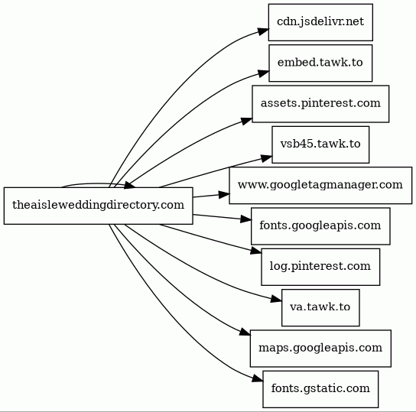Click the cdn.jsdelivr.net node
[x=320, y=22]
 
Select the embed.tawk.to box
[x=320, y=63]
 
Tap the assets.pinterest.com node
[x=320, y=104]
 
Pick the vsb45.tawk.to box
[x=320, y=144]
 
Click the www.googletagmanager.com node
[x=320, y=186]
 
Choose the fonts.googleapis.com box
[x=320, y=226]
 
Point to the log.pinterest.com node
[x=320, y=267]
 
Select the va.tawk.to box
[x=320, y=308]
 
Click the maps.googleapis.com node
[x=320, y=349]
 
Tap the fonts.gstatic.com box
[x=320, y=389]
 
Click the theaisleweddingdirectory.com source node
[x=98, y=206]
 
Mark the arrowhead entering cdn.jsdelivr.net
[x=263, y=31]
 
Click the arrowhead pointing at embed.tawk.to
[x=264, y=73]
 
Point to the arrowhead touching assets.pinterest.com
[x=247, y=121]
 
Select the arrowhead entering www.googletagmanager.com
[x=224, y=195]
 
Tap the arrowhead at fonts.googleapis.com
[x=245, y=219]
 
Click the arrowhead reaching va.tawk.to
[x=276, y=300]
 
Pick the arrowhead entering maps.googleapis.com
[x=245, y=333]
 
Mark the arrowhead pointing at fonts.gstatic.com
[x=258, y=379]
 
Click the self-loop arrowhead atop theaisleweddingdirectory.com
[x=130, y=185]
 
